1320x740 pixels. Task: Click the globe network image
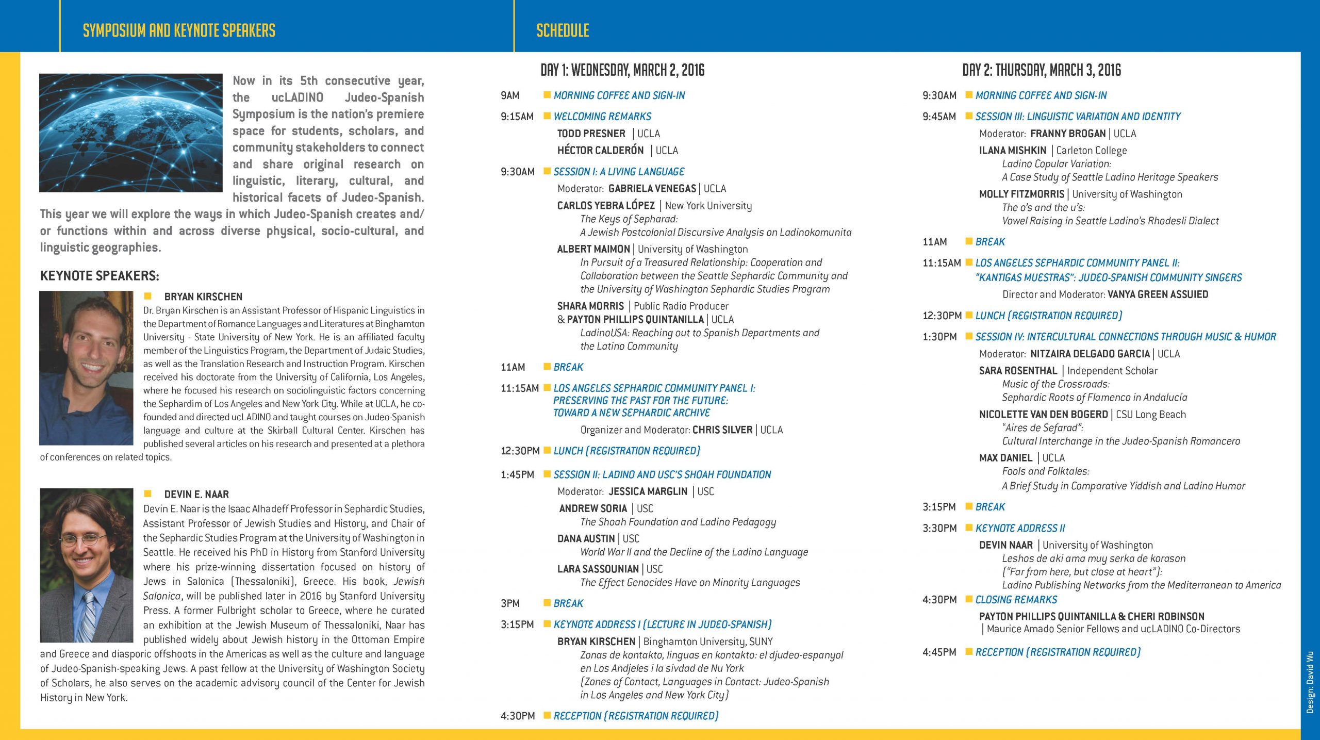(x=130, y=133)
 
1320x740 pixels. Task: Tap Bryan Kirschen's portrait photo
(x=86, y=368)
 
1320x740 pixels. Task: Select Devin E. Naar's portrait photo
(x=86, y=565)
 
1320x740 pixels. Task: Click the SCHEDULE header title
(x=563, y=30)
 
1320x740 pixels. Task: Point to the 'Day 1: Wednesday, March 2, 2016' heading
(x=622, y=70)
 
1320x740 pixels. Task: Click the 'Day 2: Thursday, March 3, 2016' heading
(x=1042, y=70)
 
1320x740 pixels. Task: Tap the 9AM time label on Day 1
(x=510, y=95)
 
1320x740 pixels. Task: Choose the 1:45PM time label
(x=517, y=474)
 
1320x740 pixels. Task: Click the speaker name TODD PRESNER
(x=591, y=134)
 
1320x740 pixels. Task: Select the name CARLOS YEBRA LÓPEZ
(x=606, y=205)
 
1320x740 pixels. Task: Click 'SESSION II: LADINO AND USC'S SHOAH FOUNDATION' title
(x=662, y=474)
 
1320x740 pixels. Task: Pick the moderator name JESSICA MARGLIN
(x=648, y=491)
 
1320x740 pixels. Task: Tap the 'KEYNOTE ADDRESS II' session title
(x=1020, y=528)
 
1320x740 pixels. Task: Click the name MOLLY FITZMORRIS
(x=1021, y=194)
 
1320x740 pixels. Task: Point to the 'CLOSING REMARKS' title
(x=1016, y=600)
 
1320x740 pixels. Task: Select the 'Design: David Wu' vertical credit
(x=1310, y=682)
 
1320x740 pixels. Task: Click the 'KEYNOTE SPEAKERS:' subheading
(x=100, y=276)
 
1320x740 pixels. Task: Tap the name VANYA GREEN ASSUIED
(x=1158, y=294)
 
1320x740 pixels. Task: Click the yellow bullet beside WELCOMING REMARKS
(x=547, y=116)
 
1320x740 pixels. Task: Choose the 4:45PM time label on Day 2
(x=939, y=652)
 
